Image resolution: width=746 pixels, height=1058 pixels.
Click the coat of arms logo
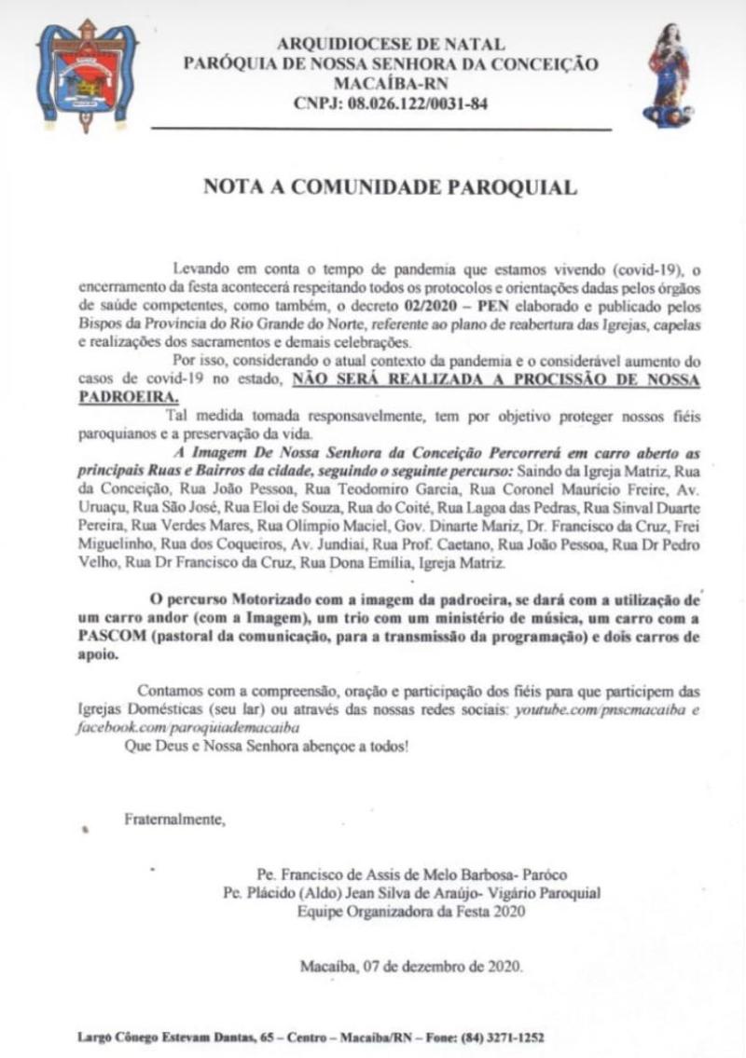click(86, 75)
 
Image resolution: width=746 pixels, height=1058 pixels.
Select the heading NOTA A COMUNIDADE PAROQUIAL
click(390, 187)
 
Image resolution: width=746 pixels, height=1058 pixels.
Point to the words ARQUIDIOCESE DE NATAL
click(391, 44)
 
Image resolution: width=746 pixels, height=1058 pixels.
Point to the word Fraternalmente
click(175, 820)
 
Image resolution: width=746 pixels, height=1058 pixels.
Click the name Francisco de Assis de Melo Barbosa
click(387, 875)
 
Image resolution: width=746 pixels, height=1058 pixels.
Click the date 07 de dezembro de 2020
click(436, 966)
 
